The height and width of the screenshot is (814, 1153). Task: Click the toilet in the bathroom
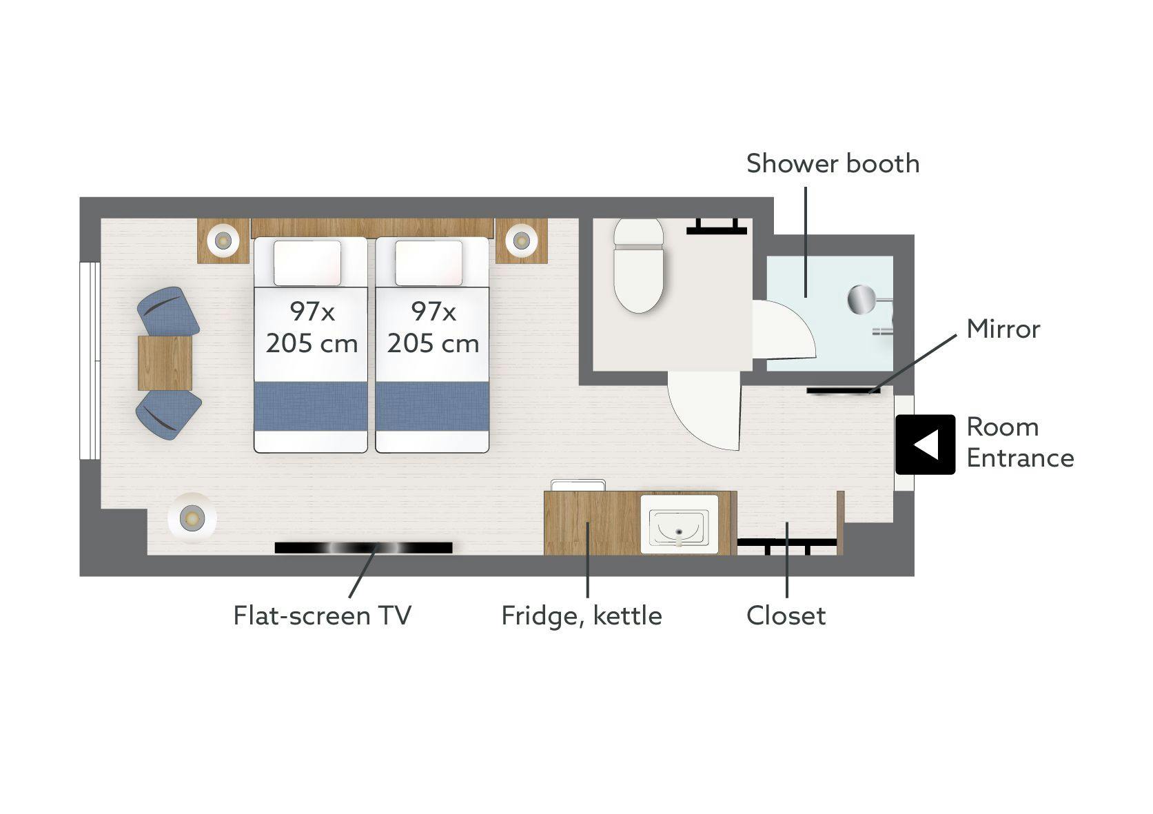pos(638,265)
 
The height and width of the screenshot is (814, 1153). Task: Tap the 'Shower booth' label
pos(833,164)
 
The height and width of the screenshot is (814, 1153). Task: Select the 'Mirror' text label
pos(1003,329)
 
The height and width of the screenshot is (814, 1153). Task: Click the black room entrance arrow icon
pos(925,445)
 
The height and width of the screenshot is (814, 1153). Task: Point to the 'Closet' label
pos(786,615)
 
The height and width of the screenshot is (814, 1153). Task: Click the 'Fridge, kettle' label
pos(581,616)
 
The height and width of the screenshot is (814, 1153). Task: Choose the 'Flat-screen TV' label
pos(323,615)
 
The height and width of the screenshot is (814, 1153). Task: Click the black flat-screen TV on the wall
pos(363,548)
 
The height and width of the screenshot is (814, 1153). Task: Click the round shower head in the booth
pos(861,299)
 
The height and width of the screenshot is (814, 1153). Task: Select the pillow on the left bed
pos(307,263)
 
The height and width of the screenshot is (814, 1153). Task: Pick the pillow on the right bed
pos(429,263)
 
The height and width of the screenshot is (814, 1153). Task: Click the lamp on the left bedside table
pos(223,240)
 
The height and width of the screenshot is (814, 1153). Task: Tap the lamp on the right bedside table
pos(522,241)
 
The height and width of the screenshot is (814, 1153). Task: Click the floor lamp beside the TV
pos(192,518)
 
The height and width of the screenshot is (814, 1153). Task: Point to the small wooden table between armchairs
pos(165,363)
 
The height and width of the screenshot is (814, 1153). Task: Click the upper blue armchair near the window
pos(167,310)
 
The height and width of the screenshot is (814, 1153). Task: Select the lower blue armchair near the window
pos(168,415)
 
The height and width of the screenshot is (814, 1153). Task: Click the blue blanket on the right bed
pos(432,406)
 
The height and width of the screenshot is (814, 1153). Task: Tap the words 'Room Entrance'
pos(1020,442)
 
